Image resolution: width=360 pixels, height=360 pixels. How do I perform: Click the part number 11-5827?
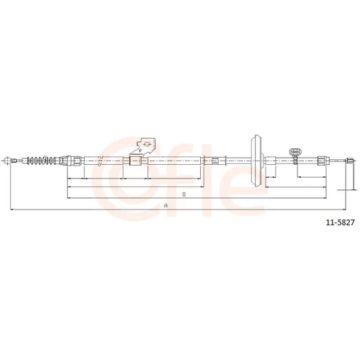click(x=340, y=222)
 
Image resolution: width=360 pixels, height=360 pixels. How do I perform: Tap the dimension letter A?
click(x=165, y=205)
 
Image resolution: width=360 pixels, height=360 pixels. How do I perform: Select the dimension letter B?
click(x=184, y=194)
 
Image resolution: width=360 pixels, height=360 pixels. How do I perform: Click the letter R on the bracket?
click(x=140, y=150)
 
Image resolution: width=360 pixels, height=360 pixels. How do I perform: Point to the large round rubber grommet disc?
click(x=256, y=161)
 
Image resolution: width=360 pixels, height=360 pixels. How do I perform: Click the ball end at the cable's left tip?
click(x=7, y=161)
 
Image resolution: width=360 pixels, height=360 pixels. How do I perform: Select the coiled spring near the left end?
click(x=42, y=161)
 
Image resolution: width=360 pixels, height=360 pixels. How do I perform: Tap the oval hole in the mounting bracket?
click(x=146, y=144)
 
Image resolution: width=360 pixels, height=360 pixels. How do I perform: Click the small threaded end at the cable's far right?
click(x=349, y=161)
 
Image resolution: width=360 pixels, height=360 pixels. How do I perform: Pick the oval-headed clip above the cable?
click(x=294, y=151)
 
